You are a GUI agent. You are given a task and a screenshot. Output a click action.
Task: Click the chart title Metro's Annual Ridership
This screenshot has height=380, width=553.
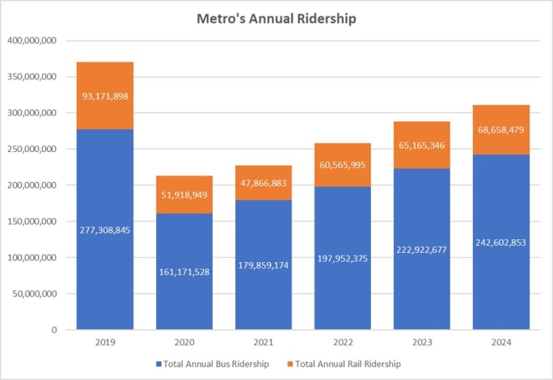[x=276, y=18]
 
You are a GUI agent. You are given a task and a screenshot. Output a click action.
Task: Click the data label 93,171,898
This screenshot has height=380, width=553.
[x=105, y=96]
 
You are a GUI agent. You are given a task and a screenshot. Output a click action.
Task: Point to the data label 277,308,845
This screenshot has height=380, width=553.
[x=105, y=230]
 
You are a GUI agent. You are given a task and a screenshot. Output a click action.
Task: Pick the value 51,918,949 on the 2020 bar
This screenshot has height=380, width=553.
[x=184, y=195]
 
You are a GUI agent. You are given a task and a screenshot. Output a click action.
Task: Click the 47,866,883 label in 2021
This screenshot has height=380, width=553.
[x=264, y=184]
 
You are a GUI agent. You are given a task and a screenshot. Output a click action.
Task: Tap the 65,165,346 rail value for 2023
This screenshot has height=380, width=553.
[x=421, y=146]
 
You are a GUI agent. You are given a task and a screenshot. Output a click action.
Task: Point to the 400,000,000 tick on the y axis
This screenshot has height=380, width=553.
[x=32, y=40]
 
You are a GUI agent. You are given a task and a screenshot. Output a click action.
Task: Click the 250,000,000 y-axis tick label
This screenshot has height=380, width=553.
[x=32, y=149]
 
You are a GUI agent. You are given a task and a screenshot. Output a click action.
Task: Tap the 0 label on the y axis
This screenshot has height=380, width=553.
[x=53, y=330]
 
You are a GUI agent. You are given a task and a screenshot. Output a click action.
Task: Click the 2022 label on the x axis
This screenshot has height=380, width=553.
[x=343, y=343]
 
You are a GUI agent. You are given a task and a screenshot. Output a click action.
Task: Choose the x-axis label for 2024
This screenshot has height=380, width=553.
[x=500, y=343]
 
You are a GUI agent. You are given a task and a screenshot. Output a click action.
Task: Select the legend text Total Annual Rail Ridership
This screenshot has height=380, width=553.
[x=349, y=364]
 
